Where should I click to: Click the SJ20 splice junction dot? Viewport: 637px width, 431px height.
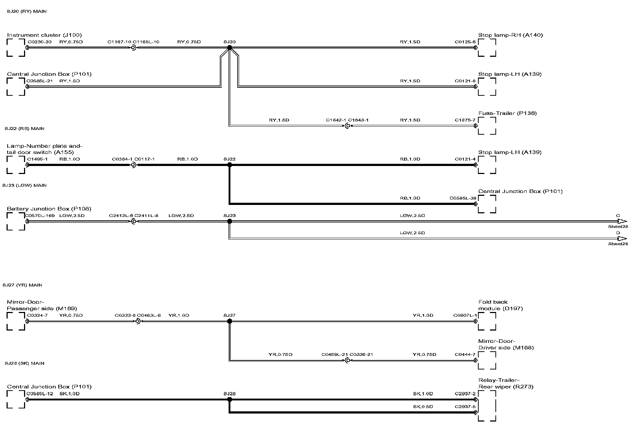(229, 48)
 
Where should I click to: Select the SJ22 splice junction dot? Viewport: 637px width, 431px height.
(229, 165)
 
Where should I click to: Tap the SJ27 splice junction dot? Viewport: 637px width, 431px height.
(229, 321)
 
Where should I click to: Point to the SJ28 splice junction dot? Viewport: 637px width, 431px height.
(229, 399)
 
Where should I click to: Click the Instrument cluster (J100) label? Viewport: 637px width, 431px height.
(44, 35)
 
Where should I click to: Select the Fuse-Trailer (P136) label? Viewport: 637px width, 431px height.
(507, 113)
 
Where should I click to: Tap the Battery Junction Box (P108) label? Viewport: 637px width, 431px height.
(49, 209)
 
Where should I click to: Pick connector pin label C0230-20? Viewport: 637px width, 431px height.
(39, 42)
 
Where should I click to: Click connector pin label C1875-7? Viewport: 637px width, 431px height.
(465, 120)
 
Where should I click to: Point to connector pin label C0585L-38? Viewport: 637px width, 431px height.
(463, 198)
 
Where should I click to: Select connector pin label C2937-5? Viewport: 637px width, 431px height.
(465, 407)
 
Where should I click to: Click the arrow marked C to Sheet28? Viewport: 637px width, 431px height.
(622, 221)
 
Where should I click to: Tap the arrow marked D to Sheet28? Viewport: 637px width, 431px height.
(622, 238)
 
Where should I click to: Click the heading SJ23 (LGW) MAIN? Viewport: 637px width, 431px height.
(24, 185)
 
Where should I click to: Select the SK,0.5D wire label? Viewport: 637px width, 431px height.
(423, 407)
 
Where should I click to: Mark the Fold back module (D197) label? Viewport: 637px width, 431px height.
(500, 305)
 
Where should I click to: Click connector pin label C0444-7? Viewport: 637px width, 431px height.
(465, 355)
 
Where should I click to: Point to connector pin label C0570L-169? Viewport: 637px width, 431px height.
(40, 216)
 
